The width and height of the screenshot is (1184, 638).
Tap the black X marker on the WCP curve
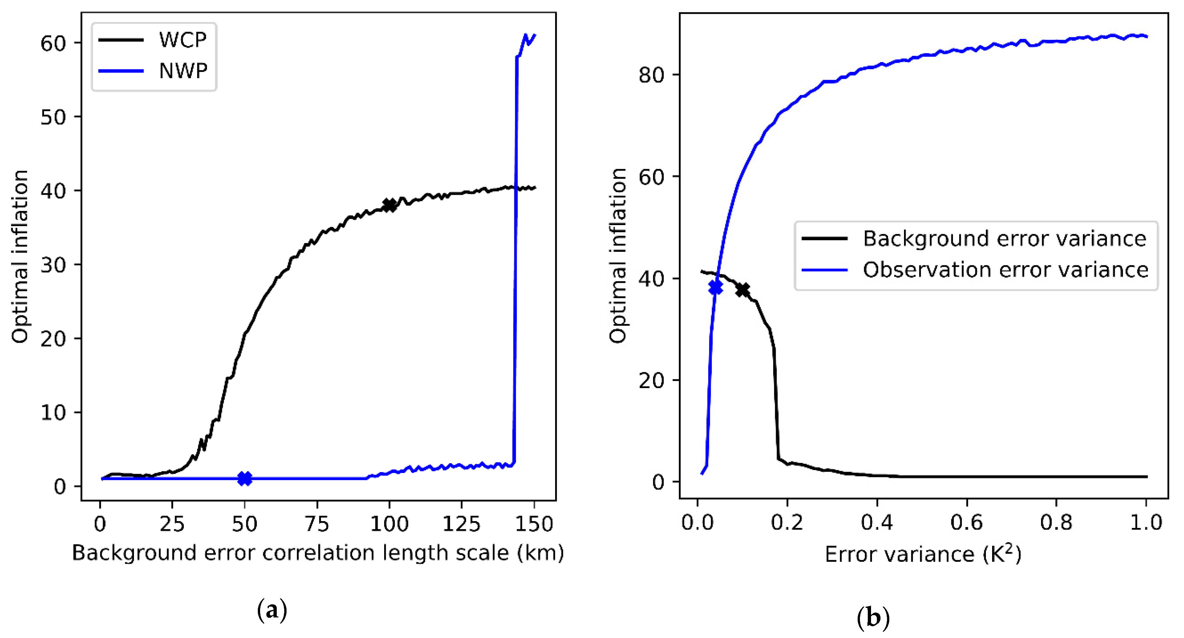[x=389, y=205]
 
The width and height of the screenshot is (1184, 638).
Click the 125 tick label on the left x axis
[x=461, y=524]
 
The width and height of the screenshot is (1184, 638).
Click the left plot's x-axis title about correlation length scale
[x=318, y=553]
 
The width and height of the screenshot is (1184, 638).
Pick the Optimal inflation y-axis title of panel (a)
[x=20, y=257]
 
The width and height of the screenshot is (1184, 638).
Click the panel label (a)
[x=272, y=611]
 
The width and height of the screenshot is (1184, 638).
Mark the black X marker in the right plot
[x=742, y=290]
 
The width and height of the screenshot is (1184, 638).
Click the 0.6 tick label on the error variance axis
[x=967, y=523]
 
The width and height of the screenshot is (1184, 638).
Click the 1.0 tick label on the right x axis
[x=1146, y=523]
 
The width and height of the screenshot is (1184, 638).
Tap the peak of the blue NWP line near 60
[x=526, y=35]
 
